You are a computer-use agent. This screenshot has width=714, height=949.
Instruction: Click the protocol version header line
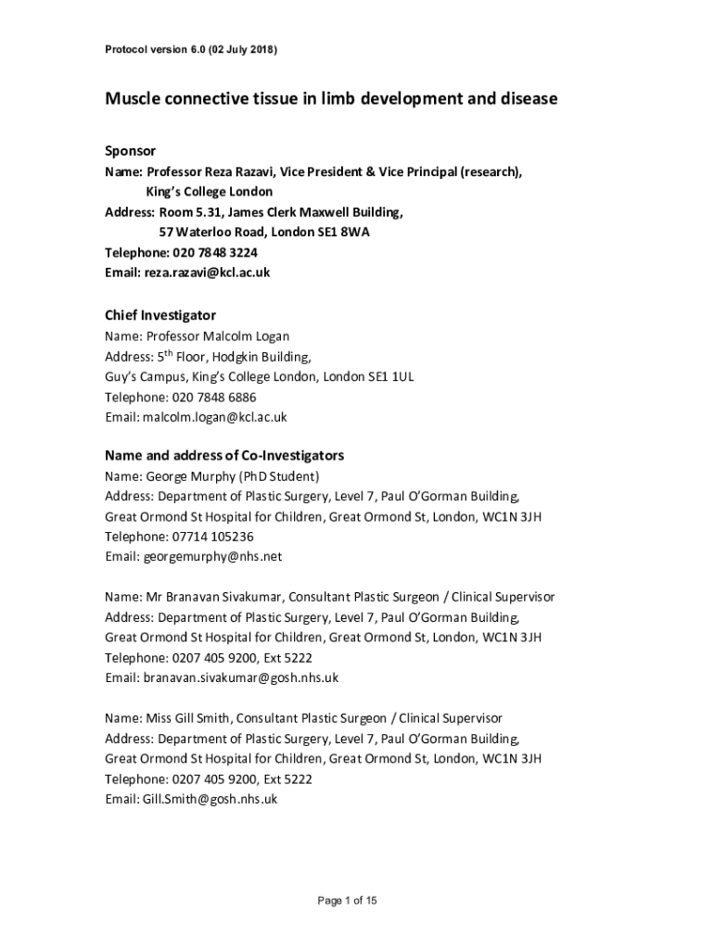pos(190,50)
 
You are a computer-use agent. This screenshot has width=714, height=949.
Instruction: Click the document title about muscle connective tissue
pos(331,98)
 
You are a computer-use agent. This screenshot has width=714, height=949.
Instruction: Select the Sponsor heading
pos(130,151)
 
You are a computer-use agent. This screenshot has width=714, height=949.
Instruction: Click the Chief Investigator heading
pos(159,315)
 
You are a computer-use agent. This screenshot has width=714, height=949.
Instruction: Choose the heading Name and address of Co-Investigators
pos(224,456)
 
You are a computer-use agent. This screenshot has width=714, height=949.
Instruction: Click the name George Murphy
pos(190,476)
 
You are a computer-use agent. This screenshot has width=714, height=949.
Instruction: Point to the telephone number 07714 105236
pos(212,537)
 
